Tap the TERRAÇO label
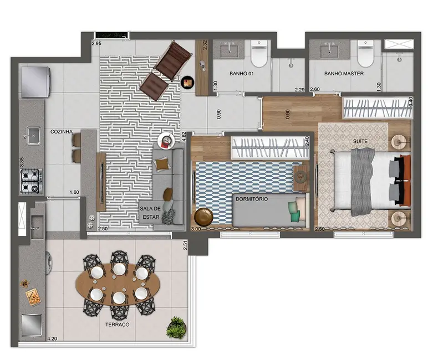coord(116,325)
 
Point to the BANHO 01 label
coord(241,73)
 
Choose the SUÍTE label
coord(360,142)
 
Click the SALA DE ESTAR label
coord(148,213)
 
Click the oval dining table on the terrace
coord(119,282)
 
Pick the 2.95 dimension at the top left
coord(96,43)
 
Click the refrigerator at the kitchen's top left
coord(35,81)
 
